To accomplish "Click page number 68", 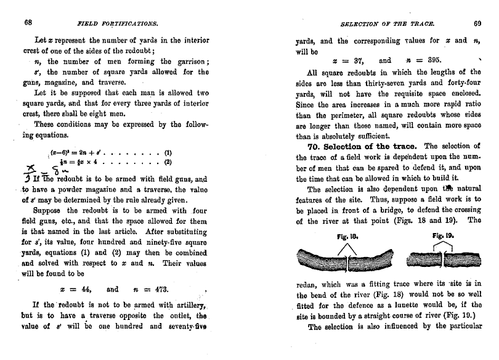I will pyautogui.click(x=28, y=23).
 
